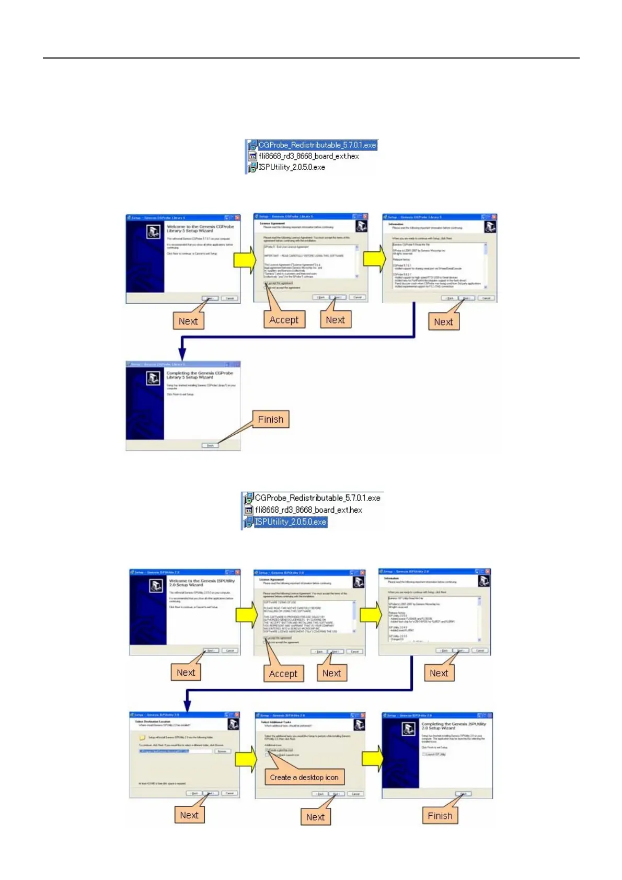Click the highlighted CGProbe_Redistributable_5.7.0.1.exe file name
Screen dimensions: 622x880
[x=317, y=145]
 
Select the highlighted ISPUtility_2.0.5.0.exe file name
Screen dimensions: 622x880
[x=290, y=522]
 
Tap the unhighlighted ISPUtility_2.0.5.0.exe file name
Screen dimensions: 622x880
[x=292, y=167]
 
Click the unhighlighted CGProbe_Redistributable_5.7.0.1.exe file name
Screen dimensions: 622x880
[x=317, y=498]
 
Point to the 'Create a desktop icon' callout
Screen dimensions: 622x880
[x=304, y=778]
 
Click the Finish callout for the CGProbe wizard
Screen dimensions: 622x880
[x=270, y=420]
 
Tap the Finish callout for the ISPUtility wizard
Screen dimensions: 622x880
[x=440, y=816]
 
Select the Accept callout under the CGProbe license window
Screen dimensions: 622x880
[x=284, y=320]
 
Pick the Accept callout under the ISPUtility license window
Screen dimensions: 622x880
[x=283, y=674]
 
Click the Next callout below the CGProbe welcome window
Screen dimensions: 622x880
[x=188, y=321]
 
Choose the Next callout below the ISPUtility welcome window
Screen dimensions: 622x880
[x=186, y=673]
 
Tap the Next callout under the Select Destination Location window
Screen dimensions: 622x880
[x=189, y=815]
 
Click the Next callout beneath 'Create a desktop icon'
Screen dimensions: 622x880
[x=315, y=817]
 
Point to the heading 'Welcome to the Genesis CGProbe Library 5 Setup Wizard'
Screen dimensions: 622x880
[x=200, y=229]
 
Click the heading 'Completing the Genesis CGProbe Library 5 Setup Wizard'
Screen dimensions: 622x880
[x=200, y=375]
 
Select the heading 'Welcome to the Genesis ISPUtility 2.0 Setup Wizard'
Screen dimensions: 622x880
[x=202, y=583]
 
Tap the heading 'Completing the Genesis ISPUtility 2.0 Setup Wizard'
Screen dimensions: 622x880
[x=454, y=726]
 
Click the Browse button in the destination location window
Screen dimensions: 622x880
[x=222, y=751]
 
